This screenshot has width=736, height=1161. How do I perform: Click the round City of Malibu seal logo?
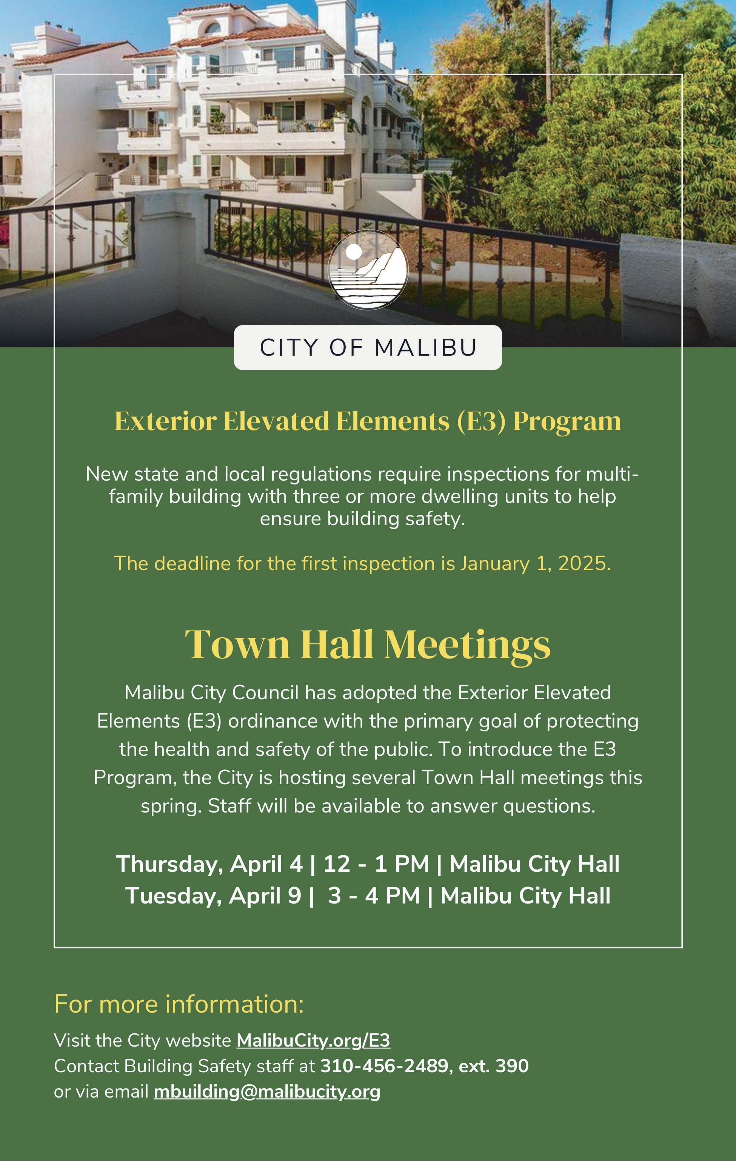click(368, 270)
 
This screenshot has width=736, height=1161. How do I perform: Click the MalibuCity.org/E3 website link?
click(313, 1041)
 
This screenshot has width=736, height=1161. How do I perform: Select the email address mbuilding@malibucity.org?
click(267, 1092)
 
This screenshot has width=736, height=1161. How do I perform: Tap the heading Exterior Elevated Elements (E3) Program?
click(368, 421)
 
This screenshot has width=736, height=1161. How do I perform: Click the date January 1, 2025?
click(535, 563)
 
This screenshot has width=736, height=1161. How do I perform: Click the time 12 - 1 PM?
click(376, 863)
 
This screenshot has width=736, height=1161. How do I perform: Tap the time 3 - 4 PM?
click(374, 896)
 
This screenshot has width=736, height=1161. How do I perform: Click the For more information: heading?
click(179, 1004)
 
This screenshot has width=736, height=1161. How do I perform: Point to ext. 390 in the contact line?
click(494, 1066)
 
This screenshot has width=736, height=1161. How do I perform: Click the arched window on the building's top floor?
click(212, 28)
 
